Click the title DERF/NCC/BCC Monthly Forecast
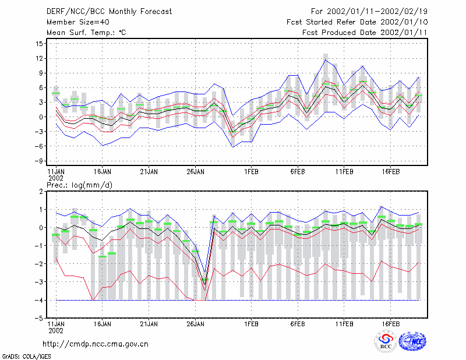tap(109, 12)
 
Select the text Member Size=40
tap(78, 22)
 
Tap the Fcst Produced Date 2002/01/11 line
tap(365, 33)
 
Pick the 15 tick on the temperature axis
tap(39, 44)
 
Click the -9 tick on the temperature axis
tap(38, 161)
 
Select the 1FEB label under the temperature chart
tap(251, 172)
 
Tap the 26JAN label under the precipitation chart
tap(195, 324)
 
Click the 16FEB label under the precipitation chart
tap(390, 324)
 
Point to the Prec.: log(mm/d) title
tap(79, 185)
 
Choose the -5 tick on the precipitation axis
tap(38, 318)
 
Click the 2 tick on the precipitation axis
tap(41, 192)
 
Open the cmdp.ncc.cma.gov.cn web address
tap(96, 344)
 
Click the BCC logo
tap(386, 341)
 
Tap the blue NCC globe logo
tap(412, 341)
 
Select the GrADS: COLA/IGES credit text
tap(26, 357)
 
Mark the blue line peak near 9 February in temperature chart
tap(326, 60)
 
